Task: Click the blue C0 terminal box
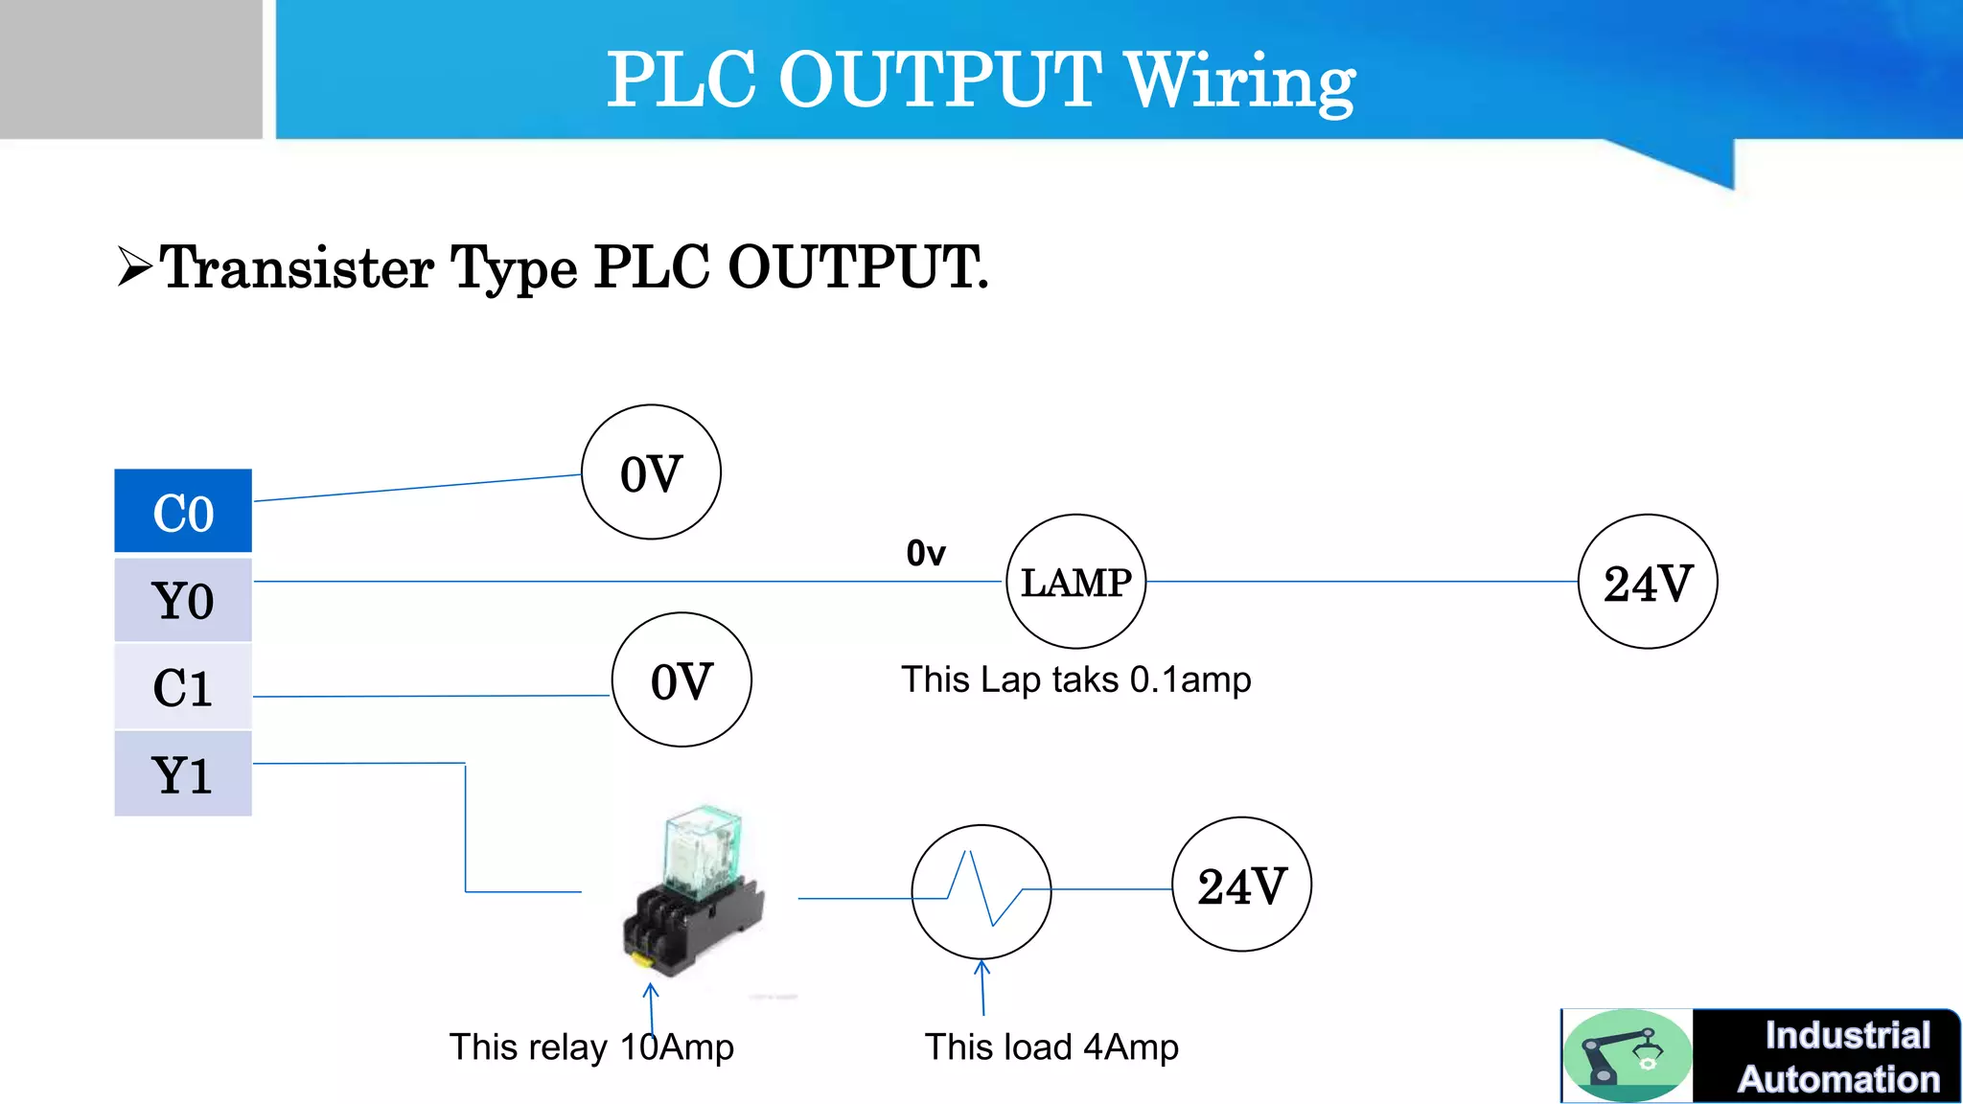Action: tap(183, 511)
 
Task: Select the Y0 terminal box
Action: tap(183, 600)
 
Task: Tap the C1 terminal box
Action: tap(183, 687)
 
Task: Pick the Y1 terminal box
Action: tap(183, 774)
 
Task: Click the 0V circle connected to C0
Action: tap(651, 472)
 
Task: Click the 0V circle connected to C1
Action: tap(681, 680)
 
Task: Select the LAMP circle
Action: tap(1075, 582)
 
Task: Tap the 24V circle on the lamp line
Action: tap(1647, 582)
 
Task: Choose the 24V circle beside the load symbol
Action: tap(1241, 885)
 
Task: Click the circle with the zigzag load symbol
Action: tap(981, 892)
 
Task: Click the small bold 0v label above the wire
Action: tap(926, 553)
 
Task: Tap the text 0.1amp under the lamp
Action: tap(1190, 680)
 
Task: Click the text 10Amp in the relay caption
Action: tap(677, 1046)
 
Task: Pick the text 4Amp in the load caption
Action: tap(1131, 1046)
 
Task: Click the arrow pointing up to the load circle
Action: tap(982, 987)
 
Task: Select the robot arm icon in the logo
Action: tap(1627, 1054)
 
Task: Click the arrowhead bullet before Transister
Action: tap(135, 266)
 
